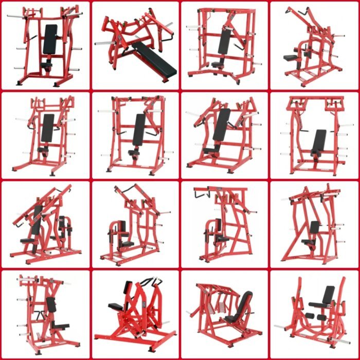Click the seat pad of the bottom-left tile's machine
(61, 325)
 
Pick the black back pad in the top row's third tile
(224, 41)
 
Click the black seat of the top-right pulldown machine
(291, 58)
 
